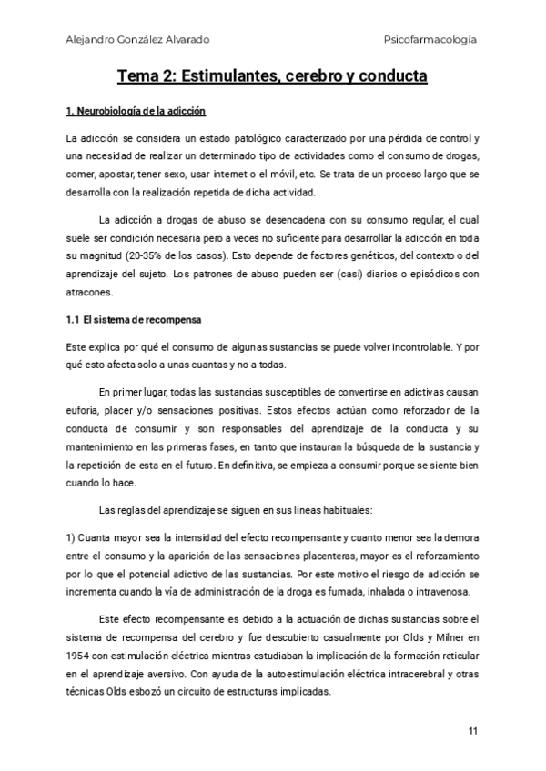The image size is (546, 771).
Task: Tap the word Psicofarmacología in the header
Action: click(431, 39)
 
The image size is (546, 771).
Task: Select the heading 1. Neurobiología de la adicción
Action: click(137, 112)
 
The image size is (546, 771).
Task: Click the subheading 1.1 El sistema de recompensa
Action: click(135, 321)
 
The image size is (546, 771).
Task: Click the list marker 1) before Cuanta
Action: click(73, 535)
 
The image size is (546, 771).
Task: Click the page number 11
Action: click(472, 731)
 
